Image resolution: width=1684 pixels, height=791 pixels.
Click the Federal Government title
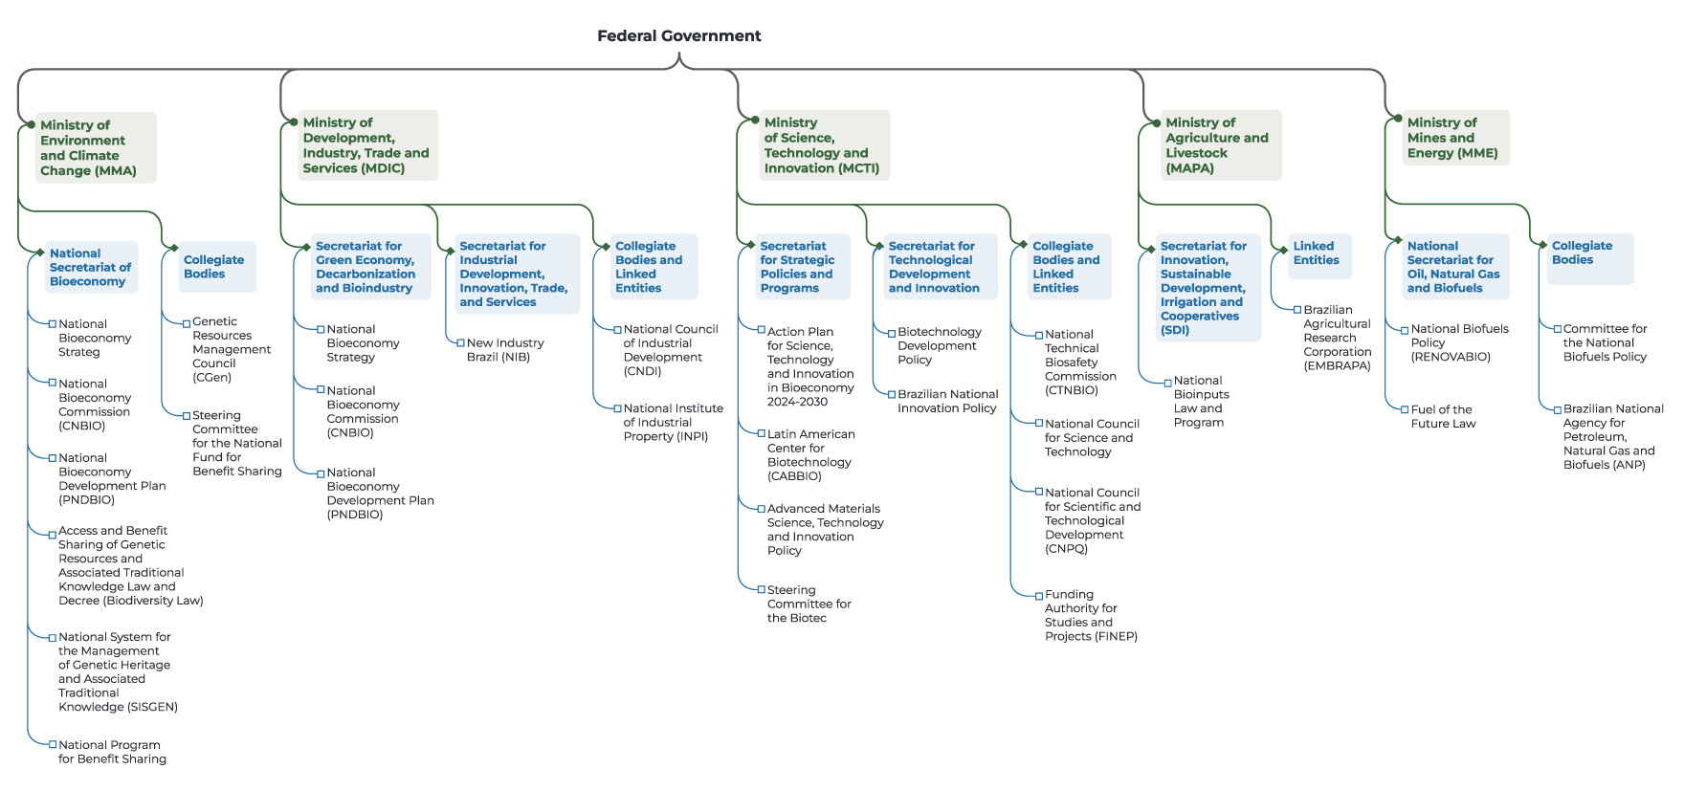(x=678, y=36)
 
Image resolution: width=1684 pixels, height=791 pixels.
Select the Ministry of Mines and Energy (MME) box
(x=1453, y=138)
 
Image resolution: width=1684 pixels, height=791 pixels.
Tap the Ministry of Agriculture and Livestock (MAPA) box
(x=1216, y=145)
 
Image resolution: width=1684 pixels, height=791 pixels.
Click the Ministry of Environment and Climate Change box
(x=92, y=148)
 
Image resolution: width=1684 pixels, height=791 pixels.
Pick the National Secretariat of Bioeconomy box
(x=90, y=268)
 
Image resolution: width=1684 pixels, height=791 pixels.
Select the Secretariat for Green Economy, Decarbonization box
(x=366, y=267)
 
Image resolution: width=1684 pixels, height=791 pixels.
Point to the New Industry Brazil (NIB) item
(x=504, y=350)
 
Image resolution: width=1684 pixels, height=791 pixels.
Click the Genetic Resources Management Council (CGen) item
(x=231, y=349)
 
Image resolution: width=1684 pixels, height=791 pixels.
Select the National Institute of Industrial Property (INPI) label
(x=672, y=422)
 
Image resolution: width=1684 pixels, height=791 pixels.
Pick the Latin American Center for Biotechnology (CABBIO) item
(x=809, y=455)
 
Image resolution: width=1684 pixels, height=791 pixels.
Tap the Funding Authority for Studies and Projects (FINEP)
(x=1090, y=615)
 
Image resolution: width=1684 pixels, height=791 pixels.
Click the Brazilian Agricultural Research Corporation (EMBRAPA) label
(x=1337, y=338)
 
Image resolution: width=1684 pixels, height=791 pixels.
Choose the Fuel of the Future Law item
(x=1443, y=416)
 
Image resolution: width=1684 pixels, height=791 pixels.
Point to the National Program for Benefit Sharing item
(x=112, y=752)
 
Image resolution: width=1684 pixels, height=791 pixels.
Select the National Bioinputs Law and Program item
(x=1201, y=401)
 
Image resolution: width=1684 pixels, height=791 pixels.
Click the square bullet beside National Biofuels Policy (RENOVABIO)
(x=1404, y=330)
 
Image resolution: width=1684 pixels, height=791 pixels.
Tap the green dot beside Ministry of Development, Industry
(x=294, y=122)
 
